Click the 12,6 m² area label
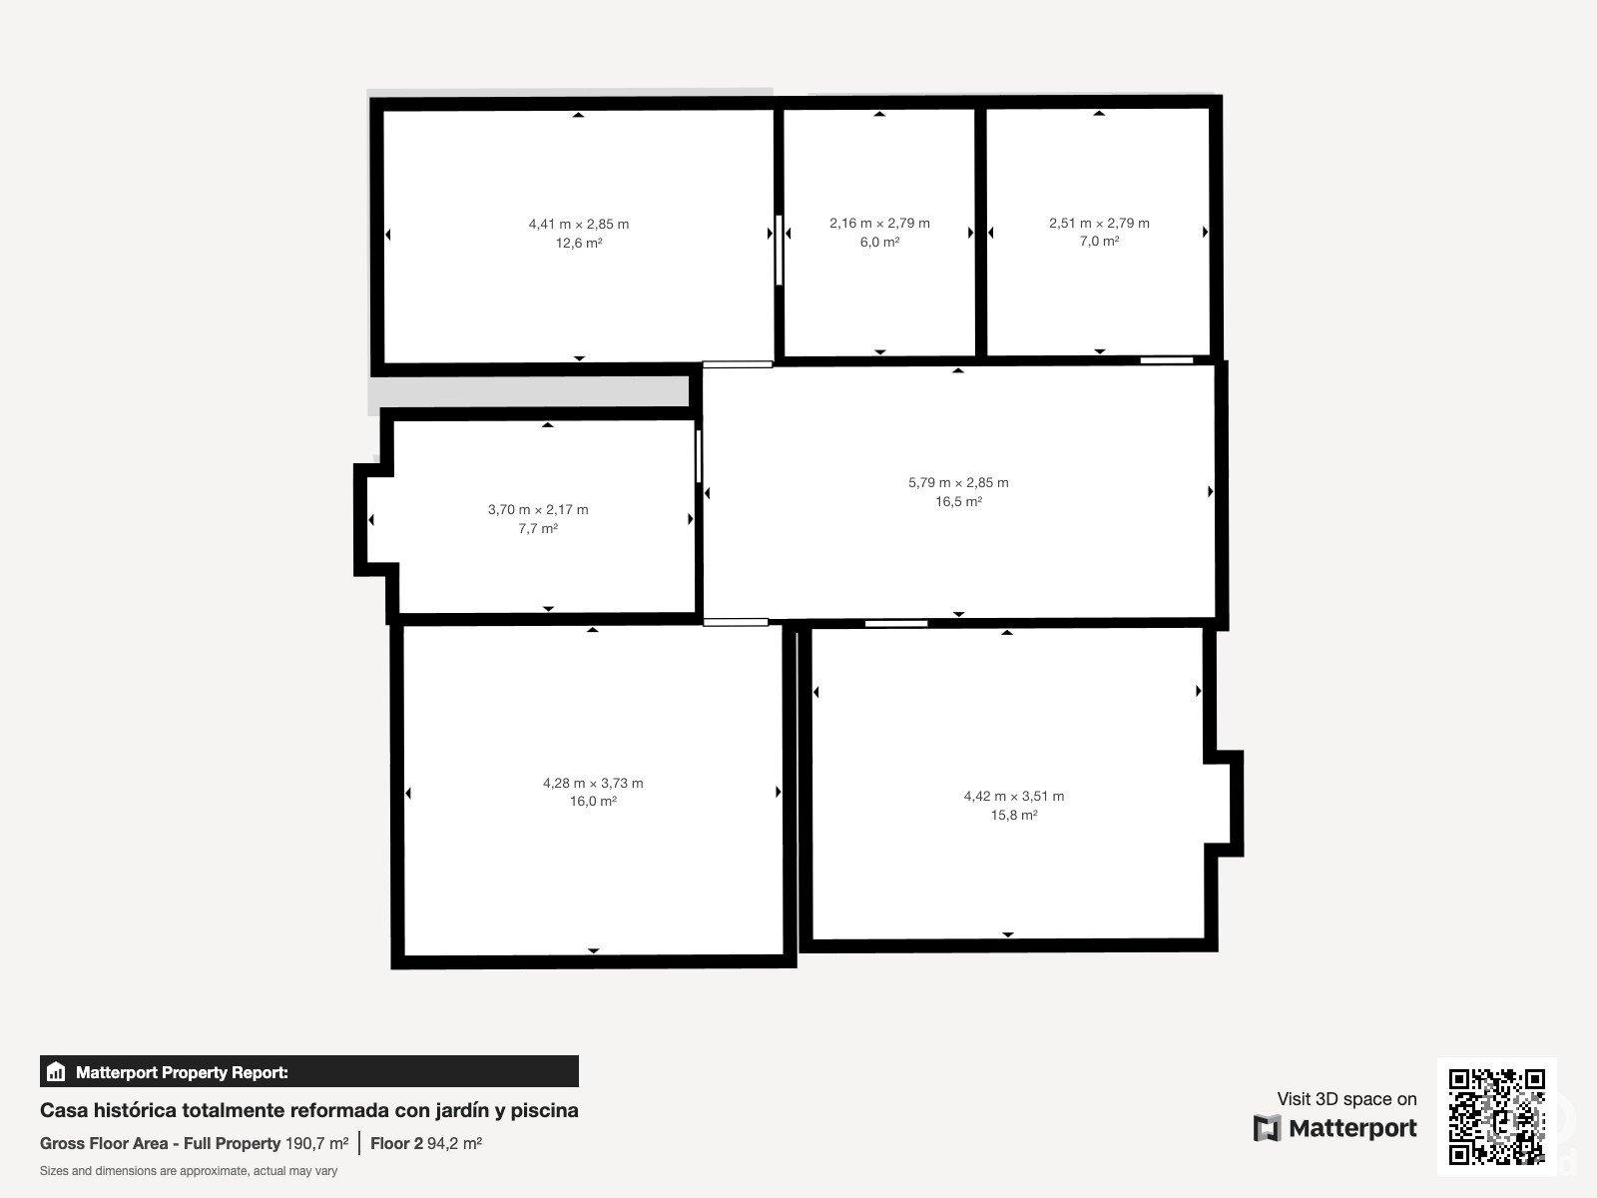point(578,243)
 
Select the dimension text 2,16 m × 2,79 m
point(879,223)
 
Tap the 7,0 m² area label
point(1099,241)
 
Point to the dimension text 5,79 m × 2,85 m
point(958,482)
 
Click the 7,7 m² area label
point(538,528)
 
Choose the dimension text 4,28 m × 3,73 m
point(593,783)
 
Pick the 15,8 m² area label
point(1013,815)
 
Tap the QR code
point(1496,1116)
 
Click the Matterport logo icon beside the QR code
point(1267,1128)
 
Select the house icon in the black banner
point(56,1071)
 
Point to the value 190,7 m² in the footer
point(316,1143)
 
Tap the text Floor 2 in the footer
point(396,1143)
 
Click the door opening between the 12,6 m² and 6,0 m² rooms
point(779,250)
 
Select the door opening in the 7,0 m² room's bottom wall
point(1166,360)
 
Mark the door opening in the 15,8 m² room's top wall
point(896,623)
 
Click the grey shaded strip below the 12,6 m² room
point(528,392)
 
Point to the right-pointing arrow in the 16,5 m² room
point(1211,492)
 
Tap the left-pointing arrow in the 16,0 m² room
point(408,793)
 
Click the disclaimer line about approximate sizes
point(189,1171)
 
